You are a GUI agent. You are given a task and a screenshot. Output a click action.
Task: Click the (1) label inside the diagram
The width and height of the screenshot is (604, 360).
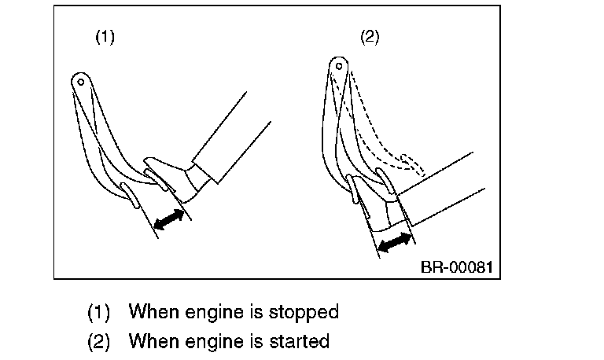105,38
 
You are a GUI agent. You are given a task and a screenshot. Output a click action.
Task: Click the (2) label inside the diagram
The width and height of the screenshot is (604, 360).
370,38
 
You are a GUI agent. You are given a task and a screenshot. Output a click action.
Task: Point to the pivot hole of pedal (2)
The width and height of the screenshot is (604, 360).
337,62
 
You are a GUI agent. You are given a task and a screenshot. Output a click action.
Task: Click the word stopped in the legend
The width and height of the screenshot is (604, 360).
304,312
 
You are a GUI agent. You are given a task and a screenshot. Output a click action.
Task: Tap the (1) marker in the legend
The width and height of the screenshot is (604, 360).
98,312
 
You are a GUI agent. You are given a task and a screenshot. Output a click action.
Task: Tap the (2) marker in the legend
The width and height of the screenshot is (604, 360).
98,342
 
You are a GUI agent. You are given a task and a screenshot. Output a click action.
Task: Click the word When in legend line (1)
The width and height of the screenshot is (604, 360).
153,312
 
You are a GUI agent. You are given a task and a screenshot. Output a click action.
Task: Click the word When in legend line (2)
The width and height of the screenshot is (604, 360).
153,342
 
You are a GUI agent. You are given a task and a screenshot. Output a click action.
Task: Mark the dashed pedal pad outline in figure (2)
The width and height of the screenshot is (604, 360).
411,162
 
